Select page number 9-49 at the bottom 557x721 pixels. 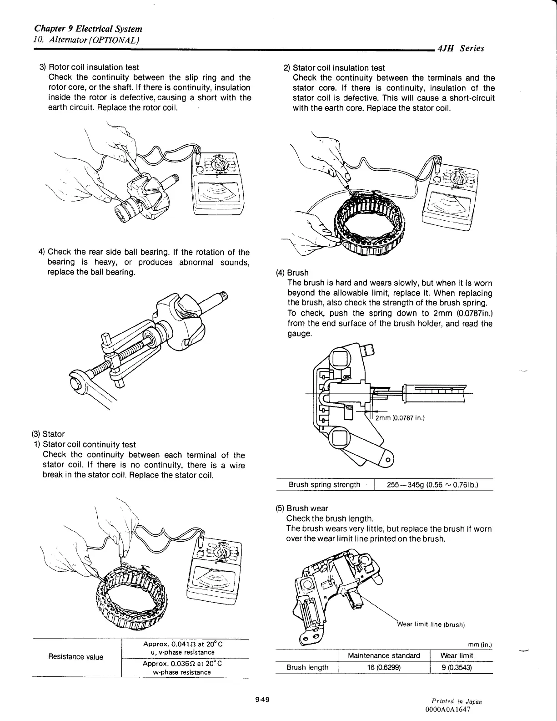pos(263,700)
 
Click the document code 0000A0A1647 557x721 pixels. pos(447,709)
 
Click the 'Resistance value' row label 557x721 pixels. pos(76,656)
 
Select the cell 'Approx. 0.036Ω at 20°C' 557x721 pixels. pos(182,664)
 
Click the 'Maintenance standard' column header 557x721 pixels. pos(384,655)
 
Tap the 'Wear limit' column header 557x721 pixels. pos(457,655)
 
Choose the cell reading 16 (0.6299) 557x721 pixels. pos(384,667)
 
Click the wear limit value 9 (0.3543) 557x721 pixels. pos(457,667)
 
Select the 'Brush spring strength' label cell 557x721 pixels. pos(325,484)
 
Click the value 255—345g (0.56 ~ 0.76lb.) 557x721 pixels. pos(432,485)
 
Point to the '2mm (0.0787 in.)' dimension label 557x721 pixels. pos(400,418)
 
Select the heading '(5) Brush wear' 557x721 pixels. pos(302,508)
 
